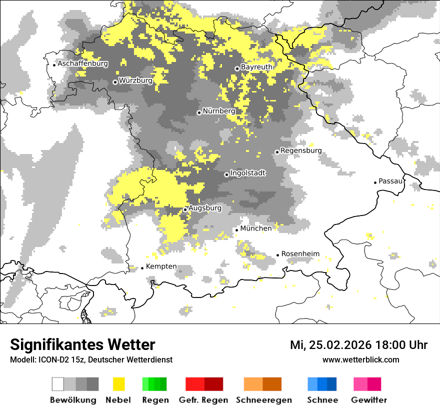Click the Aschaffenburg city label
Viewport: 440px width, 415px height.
pos(82,63)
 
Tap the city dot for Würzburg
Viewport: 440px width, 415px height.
pos(115,82)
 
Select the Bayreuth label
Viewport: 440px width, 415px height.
pos(256,66)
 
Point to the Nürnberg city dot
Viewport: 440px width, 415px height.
pos(199,112)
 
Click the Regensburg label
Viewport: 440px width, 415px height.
pos(301,150)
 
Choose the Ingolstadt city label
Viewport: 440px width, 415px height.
pos(248,173)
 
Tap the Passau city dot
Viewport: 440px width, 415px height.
pos(375,182)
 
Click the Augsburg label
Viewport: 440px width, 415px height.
pos(205,207)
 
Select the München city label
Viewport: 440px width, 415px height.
pos(256,228)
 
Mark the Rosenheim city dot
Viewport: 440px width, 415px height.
pos(277,255)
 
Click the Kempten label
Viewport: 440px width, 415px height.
pos(161,266)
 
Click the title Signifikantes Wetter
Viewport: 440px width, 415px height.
pos(82,344)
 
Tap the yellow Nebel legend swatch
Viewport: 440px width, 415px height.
pos(119,384)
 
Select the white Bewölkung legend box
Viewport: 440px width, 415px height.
pos(58,384)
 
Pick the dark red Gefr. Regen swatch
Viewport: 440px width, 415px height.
pos(213,384)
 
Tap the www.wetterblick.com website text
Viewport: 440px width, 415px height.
pos(361,359)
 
